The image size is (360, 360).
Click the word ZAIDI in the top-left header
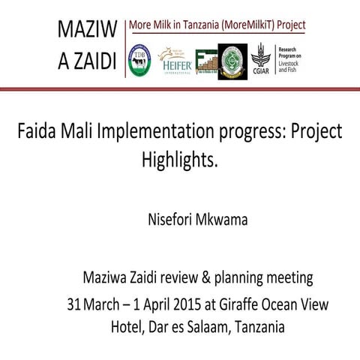(94, 61)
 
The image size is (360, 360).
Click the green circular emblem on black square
(232, 60)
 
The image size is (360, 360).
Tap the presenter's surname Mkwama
(230, 220)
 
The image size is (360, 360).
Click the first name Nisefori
(174, 220)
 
